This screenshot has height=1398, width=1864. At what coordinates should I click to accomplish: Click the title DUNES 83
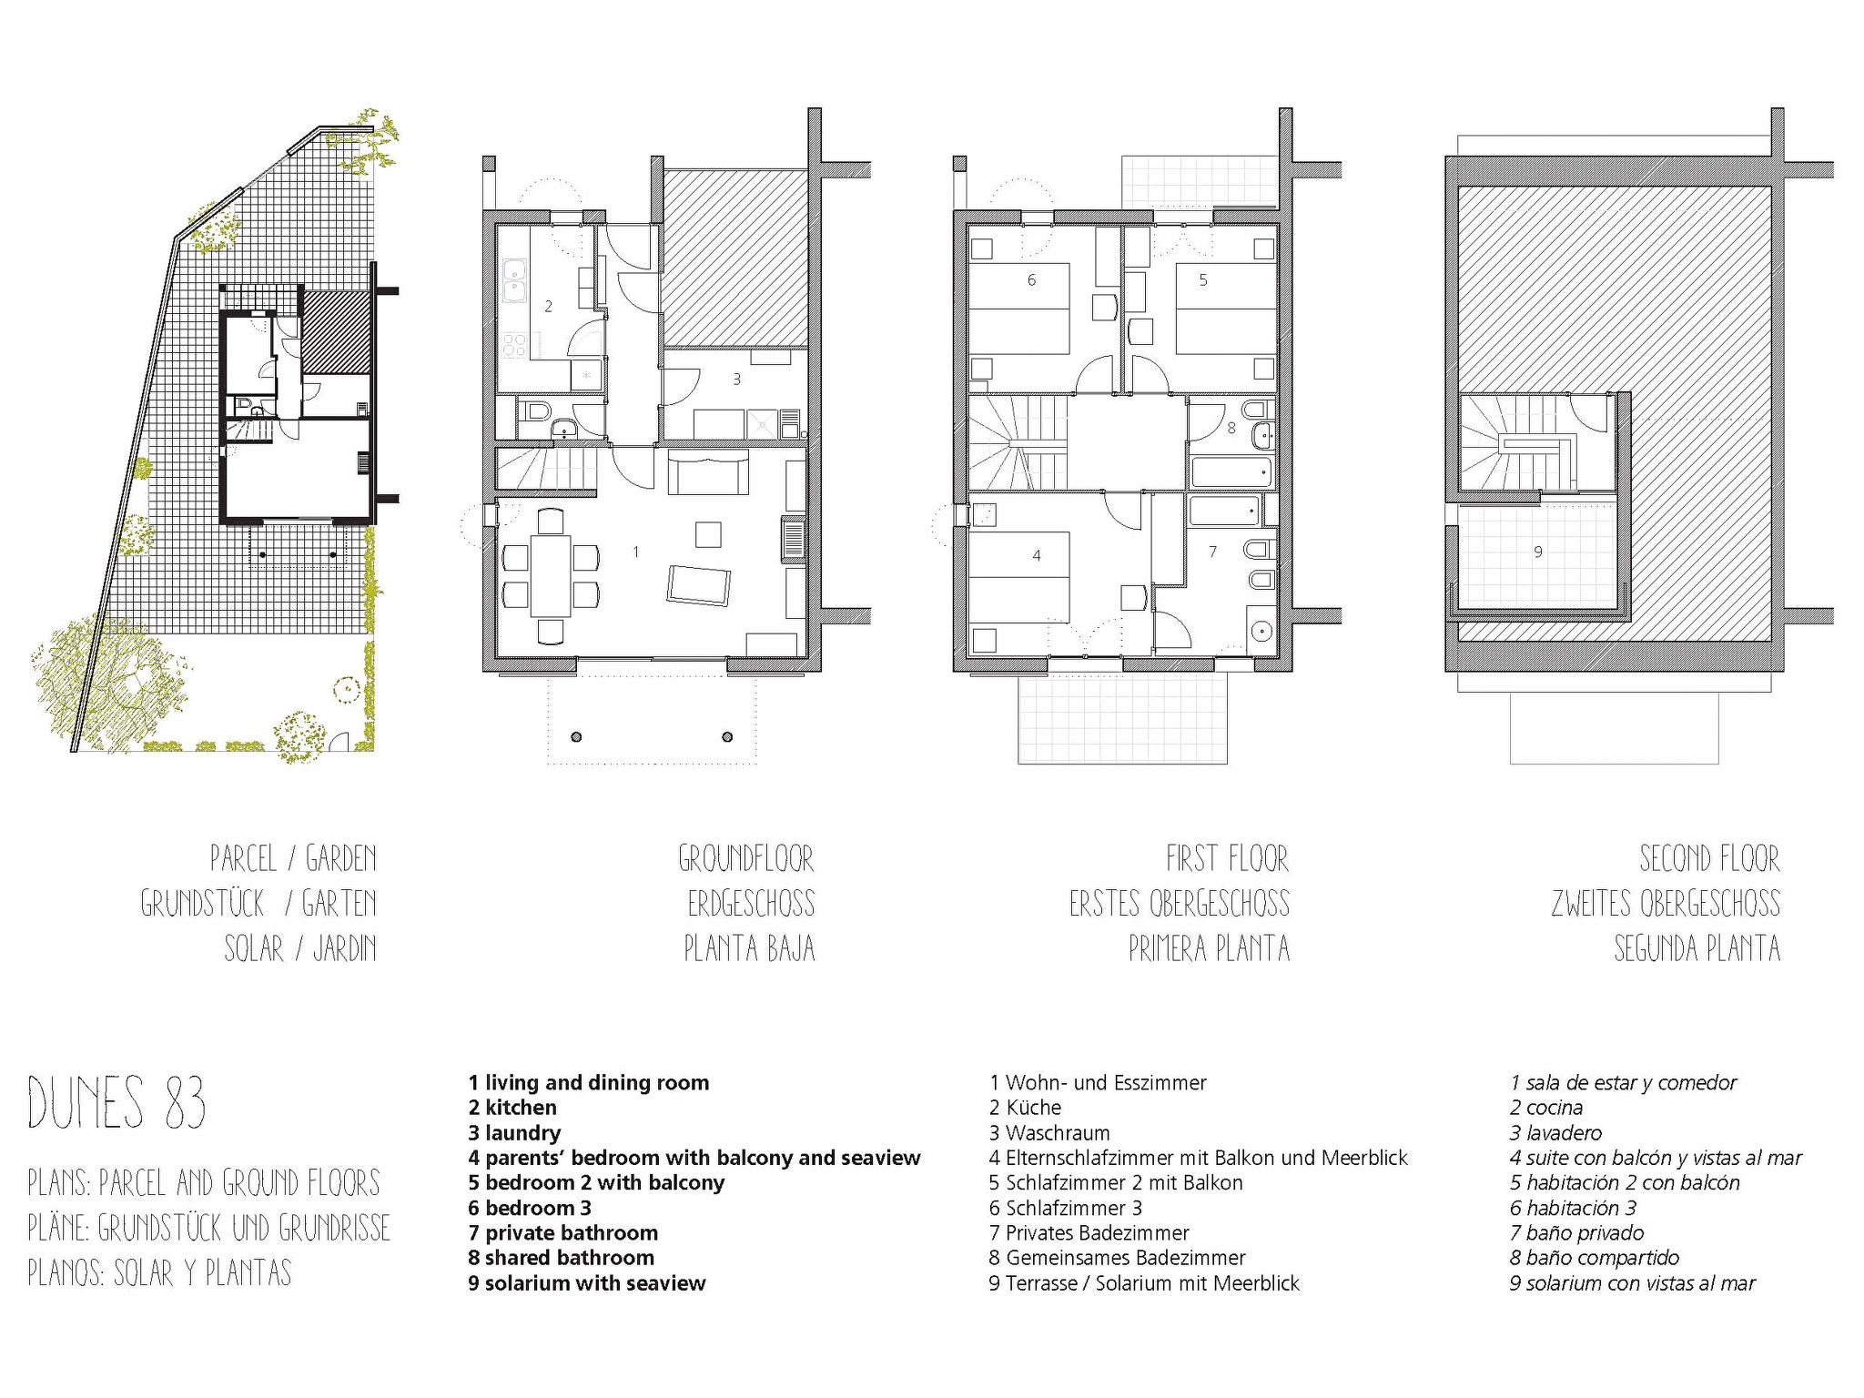(x=116, y=1102)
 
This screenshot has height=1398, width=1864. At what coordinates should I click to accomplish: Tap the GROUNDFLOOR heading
(x=746, y=858)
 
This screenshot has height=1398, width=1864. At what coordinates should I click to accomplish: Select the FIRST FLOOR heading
(x=1227, y=858)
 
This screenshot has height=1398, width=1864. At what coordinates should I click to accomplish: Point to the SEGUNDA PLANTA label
(x=1697, y=948)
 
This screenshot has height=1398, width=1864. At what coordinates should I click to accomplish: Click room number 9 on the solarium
(x=1538, y=552)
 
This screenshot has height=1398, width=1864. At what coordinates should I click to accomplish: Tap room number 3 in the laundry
(x=737, y=379)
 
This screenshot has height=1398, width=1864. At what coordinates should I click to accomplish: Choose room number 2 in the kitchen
(x=548, y=307)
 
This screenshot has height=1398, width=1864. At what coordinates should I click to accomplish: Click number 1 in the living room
(x=635, y=552)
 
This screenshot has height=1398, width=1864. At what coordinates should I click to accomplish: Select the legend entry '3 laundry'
(x=514, y=1133)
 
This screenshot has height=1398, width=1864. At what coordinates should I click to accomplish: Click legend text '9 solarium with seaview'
(x=587, y=1283)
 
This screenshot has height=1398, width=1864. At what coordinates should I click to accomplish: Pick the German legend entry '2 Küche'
(x=1025, y=1108)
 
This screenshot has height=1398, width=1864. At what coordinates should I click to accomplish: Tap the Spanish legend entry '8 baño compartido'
(x=1595, y=1258)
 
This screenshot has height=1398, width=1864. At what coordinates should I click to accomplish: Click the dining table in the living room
(x=551, y=576)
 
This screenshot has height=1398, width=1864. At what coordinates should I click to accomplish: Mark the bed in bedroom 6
(x=1018, y=309)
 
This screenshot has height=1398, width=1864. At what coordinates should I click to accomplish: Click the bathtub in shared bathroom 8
(x=1231, y=472)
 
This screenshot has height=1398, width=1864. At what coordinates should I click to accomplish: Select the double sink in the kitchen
(x=514, y=281)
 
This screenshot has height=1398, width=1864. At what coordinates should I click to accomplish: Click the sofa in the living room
(x=708, y=471)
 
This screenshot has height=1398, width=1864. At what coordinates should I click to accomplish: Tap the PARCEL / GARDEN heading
(x=293, y=858)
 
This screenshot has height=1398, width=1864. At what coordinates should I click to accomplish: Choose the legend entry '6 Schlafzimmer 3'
(x=1066, y=1208)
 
